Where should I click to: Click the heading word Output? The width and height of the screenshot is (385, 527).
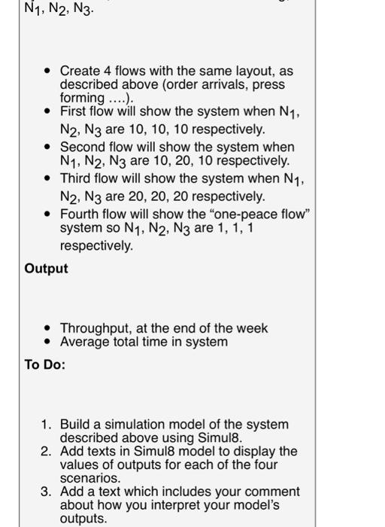46,269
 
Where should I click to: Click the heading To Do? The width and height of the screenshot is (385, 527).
45,365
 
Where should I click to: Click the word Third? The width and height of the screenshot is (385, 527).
76,178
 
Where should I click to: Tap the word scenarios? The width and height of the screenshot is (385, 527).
89,478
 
